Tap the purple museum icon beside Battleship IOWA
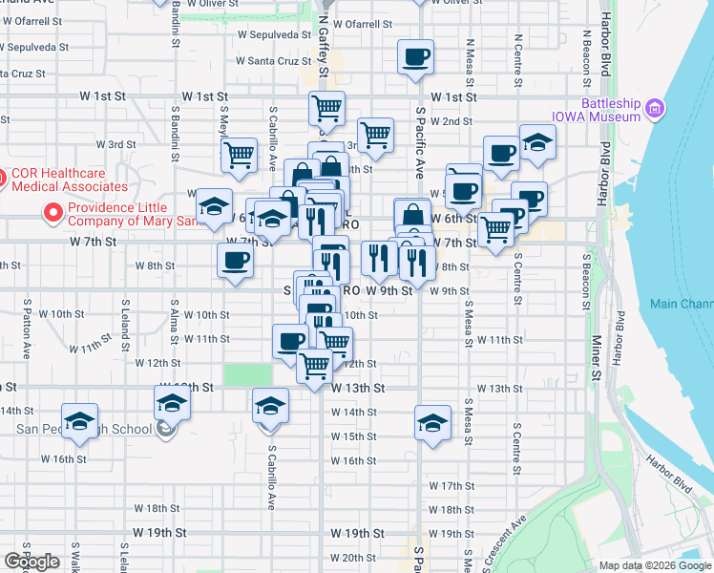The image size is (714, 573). (655, 111)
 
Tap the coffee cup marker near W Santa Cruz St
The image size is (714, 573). (416, 57)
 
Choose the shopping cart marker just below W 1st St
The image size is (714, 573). (327, 109)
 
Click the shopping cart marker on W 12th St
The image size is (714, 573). (315, 365)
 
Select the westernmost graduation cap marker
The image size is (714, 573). (80, 420)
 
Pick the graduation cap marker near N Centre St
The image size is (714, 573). (538, 142)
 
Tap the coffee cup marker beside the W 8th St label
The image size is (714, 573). (235, 259)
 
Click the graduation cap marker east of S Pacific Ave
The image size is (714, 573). (432, 422)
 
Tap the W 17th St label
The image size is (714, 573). (451, 486)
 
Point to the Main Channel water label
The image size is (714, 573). (682, 305)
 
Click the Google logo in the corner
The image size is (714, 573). (31, 562)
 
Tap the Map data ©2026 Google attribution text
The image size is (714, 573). (655, 565)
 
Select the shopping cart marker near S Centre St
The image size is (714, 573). (495, 229)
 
